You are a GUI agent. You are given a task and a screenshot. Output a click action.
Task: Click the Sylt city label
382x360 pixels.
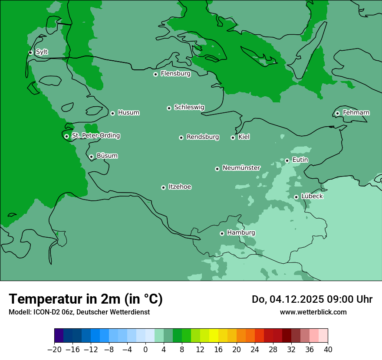coord(42,52)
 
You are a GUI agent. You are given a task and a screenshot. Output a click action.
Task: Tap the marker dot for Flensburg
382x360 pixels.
coord(155,74)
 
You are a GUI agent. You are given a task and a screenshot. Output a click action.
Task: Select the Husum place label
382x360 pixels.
coord(128,113)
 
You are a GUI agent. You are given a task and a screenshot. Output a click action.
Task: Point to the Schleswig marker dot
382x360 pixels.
coord(169,108)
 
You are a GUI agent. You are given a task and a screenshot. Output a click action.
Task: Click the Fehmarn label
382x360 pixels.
coord(356,113)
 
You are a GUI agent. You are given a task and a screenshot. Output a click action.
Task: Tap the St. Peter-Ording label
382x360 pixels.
coord(95,136)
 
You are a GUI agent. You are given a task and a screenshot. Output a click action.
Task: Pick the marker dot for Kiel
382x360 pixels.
coord(233,137)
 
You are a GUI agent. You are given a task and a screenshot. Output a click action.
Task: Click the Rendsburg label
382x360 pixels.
coord(203,137)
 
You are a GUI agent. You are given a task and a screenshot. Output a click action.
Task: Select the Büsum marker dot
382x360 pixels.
coord(91,157)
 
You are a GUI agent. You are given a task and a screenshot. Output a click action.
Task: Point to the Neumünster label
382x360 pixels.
coord(241,168)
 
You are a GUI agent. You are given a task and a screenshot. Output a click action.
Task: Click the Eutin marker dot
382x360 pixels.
coord(287,160)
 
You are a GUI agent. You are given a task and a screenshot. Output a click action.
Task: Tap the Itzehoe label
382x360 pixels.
coord(180,187)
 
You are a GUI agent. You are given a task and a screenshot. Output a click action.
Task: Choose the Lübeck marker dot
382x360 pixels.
coord(296,197)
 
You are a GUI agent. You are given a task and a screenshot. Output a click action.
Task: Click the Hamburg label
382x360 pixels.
coord(241,232)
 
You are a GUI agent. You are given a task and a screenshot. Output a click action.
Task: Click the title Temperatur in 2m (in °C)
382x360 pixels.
coord(86,299)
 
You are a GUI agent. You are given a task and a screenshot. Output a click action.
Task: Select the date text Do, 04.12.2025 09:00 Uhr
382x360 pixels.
coord(312,299)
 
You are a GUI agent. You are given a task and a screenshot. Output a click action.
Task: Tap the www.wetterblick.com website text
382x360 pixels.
coord(313,312)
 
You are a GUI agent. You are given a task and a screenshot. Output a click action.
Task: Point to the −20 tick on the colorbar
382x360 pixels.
coord(54,349)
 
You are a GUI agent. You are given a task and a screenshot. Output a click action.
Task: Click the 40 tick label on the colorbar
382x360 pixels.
coord(328,349)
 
